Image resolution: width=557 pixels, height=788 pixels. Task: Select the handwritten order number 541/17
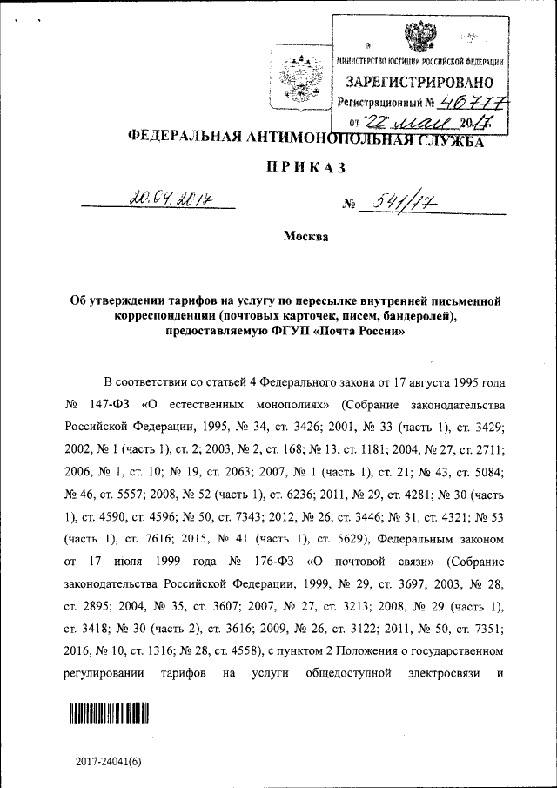pos(404,204)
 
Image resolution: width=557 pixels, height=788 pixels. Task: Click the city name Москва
pos(305,237)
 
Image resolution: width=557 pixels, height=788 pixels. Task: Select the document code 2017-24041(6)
pos(108,761)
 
